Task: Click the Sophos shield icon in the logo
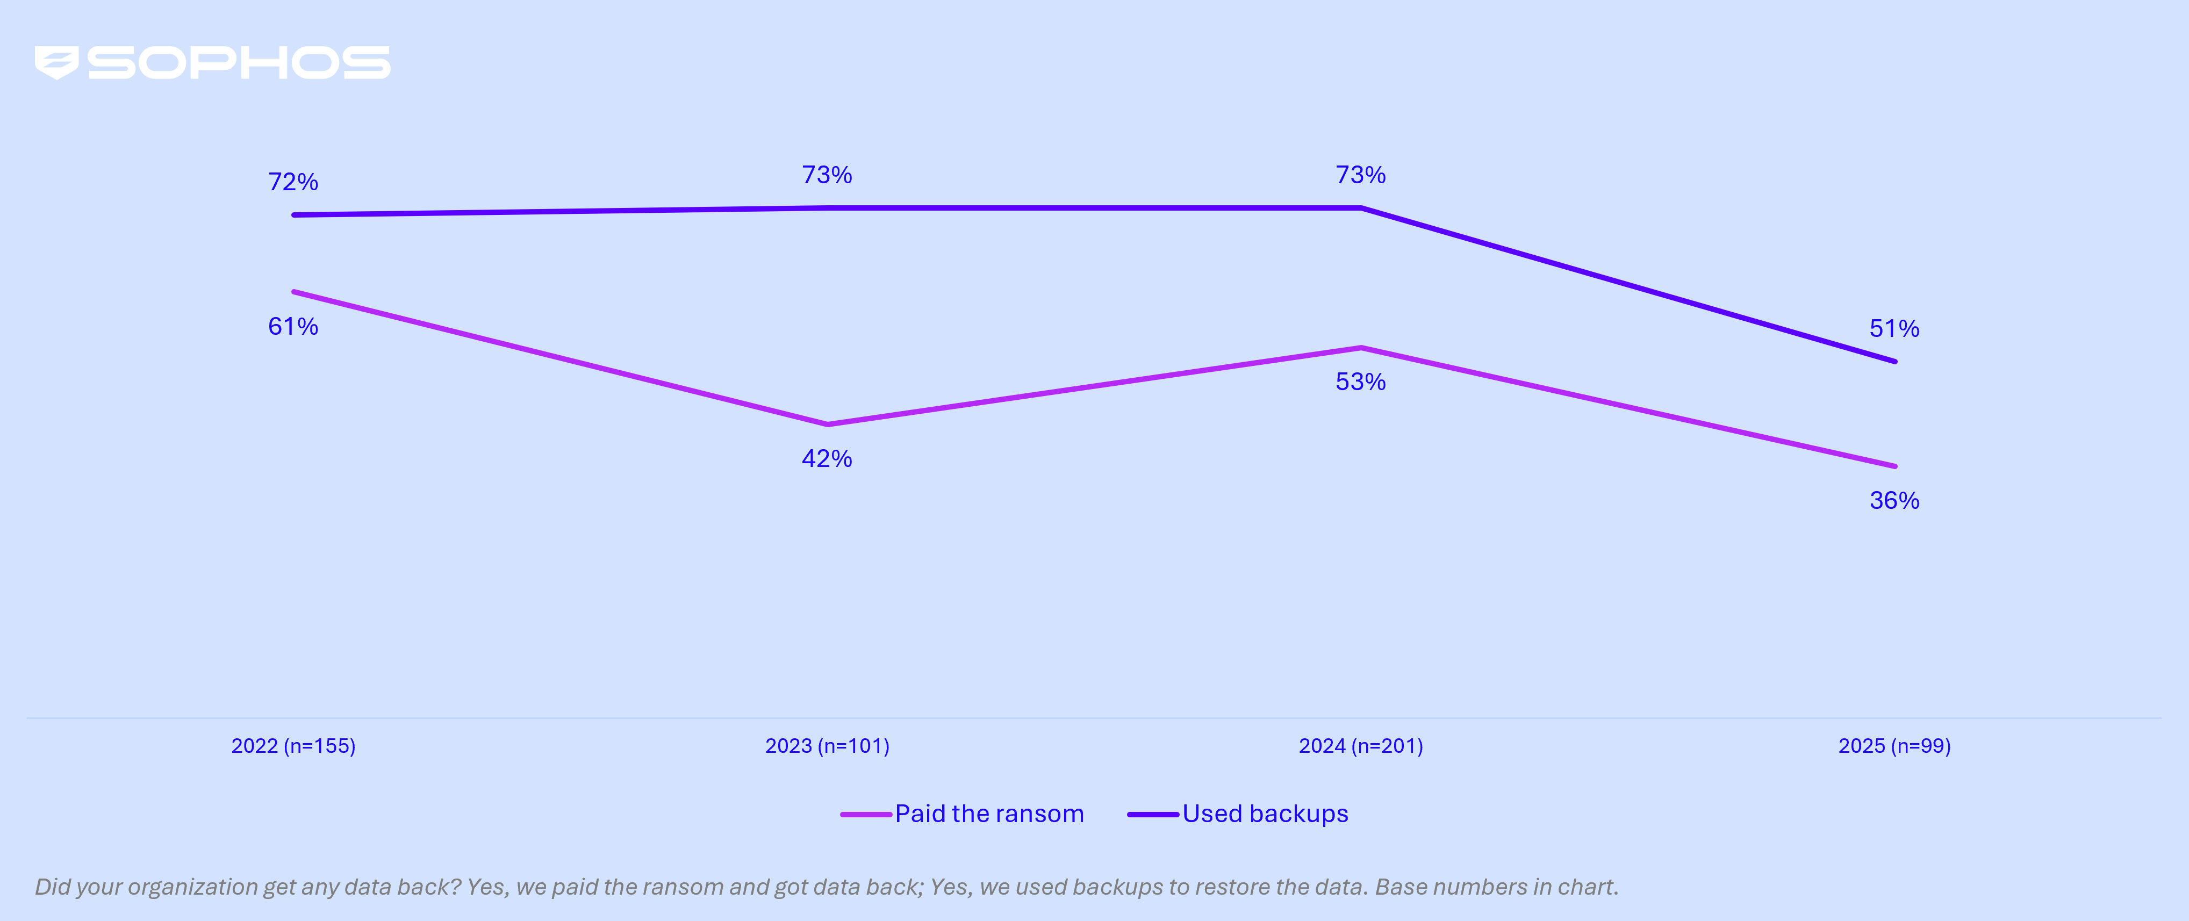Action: [x=56, y=62]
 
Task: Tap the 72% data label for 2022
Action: [x=293, y=182]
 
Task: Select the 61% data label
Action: [x=293, y=326]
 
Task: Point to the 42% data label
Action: [x=827, y=459]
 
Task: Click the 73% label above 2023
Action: [x=827, y=175]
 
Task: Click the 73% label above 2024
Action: [x=1360, y=175]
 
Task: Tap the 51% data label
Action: [x=1894, y=329]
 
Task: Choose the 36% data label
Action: [x=1894, y=500]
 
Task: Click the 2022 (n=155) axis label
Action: [x=293, y=746]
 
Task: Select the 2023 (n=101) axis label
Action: [x=827, y=746]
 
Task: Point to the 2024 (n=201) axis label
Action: [x=1360, y=746]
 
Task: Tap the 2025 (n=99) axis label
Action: [x=1894, y=746]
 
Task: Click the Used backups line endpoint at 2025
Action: [x=1894, y=361]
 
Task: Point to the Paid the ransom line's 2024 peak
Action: [x=1360, y=348]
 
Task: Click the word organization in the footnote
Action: [x=193, y=887]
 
